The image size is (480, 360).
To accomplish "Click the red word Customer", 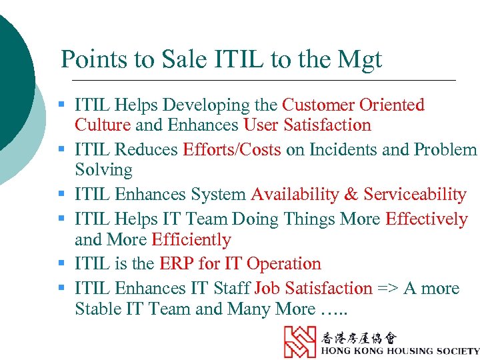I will [x=319, y=105].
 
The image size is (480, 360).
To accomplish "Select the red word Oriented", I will [x=392, y=105].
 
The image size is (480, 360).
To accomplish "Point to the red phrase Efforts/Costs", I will [x=232, y=150].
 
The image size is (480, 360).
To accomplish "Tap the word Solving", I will [x=103, y=170].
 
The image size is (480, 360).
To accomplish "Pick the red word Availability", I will [x=295, y=195].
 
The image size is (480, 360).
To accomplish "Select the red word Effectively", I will [x=427, y=219].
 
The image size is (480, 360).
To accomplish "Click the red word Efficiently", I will [x=191, y=239].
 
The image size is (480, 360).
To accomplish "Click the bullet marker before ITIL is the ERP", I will [x=61, y=264].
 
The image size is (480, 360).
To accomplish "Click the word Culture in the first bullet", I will [x=103, y=125].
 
